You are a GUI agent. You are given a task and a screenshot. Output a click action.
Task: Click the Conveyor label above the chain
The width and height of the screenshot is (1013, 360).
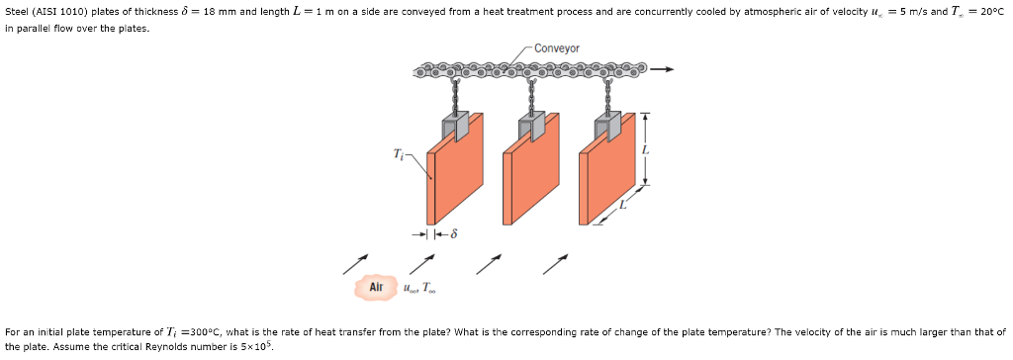[x=558, y=47]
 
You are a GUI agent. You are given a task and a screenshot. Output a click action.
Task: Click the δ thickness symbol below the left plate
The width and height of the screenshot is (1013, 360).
[x=453, y=234]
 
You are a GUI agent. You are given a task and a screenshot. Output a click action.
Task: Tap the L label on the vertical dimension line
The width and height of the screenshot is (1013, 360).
[x=647, y=148]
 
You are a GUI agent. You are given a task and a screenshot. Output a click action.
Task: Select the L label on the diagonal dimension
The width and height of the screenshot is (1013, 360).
[x=623, y=206]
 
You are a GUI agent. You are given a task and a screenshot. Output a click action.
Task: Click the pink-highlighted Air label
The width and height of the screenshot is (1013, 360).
[x=375, y=287]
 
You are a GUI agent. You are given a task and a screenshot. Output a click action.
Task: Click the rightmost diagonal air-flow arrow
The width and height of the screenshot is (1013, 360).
[x=555, y=263]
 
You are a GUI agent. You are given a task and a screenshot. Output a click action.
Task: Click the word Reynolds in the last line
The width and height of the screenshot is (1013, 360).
[x=190, y=347]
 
